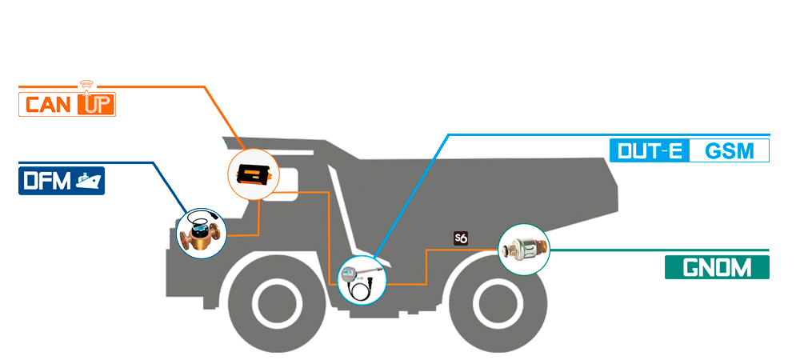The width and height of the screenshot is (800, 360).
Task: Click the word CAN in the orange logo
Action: [49, 105]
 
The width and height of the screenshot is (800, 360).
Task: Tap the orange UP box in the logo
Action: [95, 105]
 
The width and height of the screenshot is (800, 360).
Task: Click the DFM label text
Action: [46, 182]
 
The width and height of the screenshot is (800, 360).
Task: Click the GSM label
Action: [729, 150]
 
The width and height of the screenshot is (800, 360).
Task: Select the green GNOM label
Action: [717, 267]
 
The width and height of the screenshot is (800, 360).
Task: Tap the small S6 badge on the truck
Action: [460, 238]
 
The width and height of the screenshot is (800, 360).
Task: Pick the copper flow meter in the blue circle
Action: [202, 234]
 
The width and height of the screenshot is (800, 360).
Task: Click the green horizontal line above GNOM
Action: [656, 250]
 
